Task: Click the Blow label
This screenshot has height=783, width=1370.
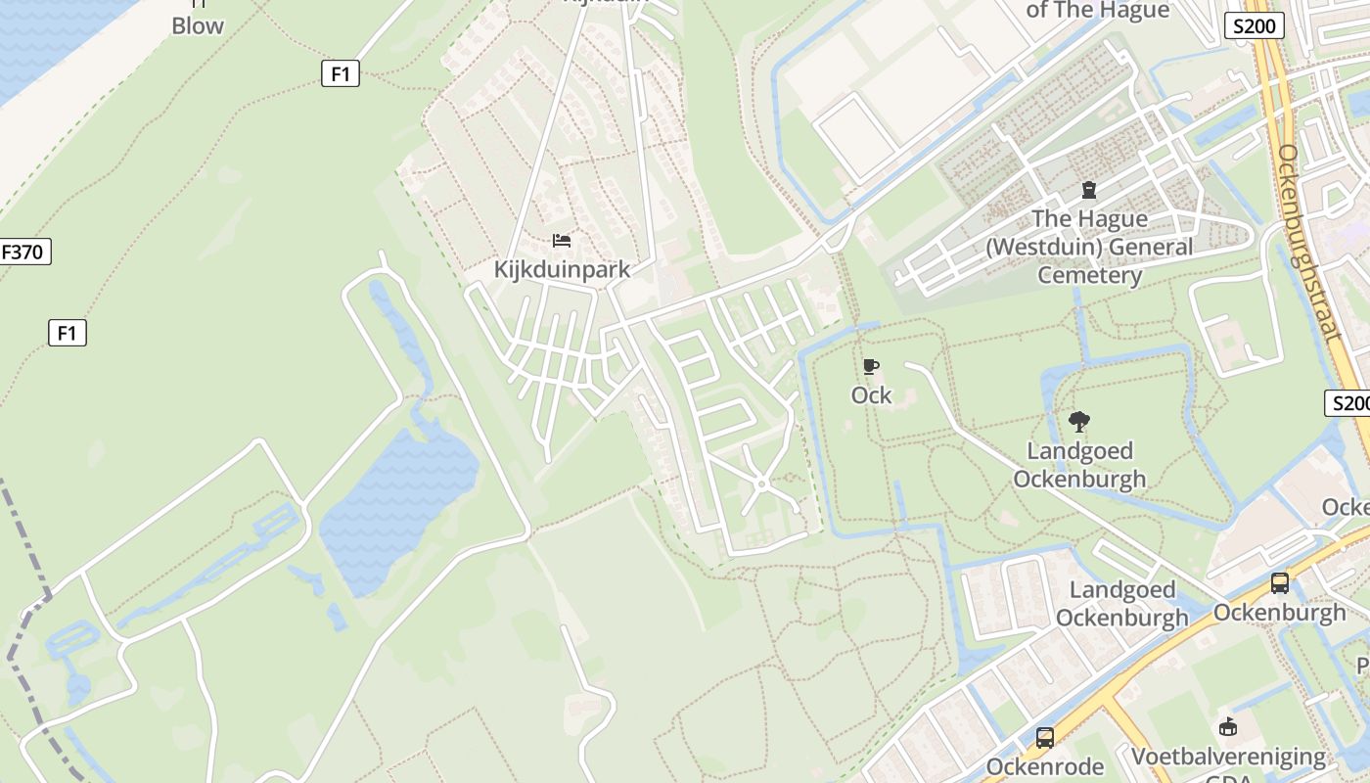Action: (198, 25)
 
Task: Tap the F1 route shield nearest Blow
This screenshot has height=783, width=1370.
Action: (341, 72)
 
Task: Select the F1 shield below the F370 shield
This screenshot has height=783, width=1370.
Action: (68, 333)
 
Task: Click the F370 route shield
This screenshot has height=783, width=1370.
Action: (23, 252)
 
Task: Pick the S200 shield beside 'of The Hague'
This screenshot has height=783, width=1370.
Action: (1254, 26)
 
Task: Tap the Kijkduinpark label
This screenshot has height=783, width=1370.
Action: (562, 269)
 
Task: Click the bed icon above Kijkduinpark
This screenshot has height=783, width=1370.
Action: (562, 241)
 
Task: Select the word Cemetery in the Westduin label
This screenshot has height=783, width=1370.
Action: (1089, 274)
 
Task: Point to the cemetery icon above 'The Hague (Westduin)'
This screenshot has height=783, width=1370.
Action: (1089, 190)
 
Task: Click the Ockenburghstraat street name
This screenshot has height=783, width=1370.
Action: (1307, 242)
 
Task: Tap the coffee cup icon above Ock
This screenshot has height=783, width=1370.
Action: (871, 367)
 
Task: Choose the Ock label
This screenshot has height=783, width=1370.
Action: (871, 394)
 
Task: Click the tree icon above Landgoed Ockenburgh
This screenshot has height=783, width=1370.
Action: (1079, 422)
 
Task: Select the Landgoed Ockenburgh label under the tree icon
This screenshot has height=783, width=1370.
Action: (1079, 465)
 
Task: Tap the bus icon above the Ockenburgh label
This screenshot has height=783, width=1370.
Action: (1280, 583)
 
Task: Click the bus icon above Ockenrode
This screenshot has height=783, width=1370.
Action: (1045, 737)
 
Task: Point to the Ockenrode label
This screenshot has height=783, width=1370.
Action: (1045, 765)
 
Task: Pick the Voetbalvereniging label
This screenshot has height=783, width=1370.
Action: (1229, 757)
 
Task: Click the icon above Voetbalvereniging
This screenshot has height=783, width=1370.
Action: (1229, 726)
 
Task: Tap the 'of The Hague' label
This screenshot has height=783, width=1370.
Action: (1097, 10)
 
